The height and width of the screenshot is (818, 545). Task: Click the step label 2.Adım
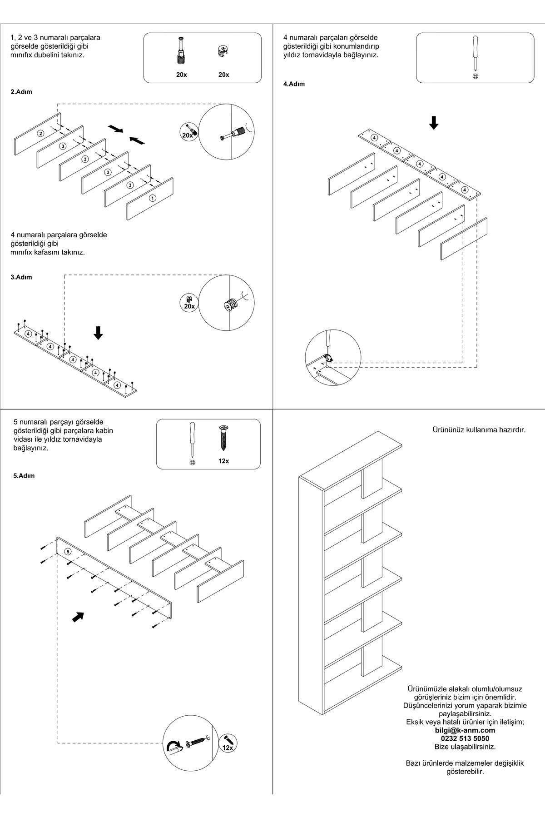click(x=21, y=92)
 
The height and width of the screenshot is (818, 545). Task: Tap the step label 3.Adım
click(x=21, y=277)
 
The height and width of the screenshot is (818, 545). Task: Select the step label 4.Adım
click(x=294, y=84)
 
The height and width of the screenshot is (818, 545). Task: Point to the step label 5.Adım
click(x=24, y=476)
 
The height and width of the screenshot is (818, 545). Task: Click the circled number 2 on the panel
click(x=41, y=133)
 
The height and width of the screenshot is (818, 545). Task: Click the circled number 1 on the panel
click(x=152, y=198)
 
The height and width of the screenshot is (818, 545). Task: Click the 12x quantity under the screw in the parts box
click(x=223, y=461)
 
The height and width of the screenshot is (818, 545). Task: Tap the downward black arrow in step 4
click(x=434, y=123)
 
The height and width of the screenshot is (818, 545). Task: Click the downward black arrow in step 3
click(x=98, y=333)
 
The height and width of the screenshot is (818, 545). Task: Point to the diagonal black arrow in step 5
click(x=79, y=617)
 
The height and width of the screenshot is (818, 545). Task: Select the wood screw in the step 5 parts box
click(x=223, y=439)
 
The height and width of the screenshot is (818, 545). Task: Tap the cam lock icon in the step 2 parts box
click(x=223, y=51)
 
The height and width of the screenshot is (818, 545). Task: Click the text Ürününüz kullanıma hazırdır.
click(x=478, y=429)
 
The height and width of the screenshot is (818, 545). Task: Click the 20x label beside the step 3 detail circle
click(x=189, y=307)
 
